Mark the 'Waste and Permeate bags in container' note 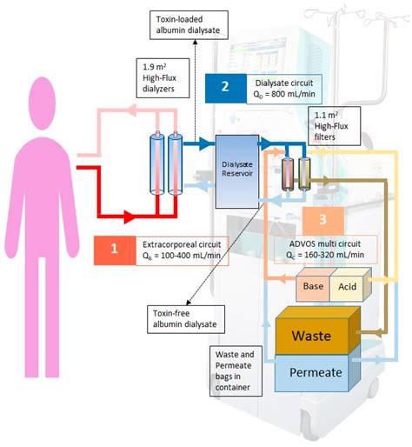pos(240,368)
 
